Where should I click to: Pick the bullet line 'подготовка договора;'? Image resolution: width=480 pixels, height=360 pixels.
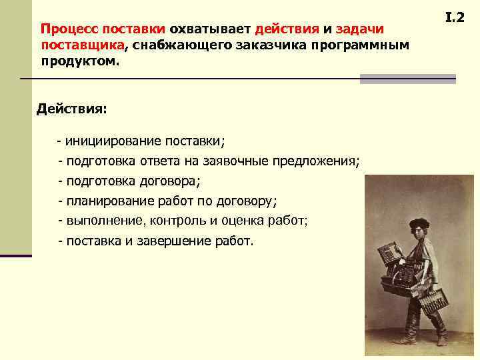(x=129, y=181)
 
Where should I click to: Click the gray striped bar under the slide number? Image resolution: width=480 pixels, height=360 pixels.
(x=407, y=79)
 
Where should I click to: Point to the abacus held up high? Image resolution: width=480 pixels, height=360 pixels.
(x=388, y=255)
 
